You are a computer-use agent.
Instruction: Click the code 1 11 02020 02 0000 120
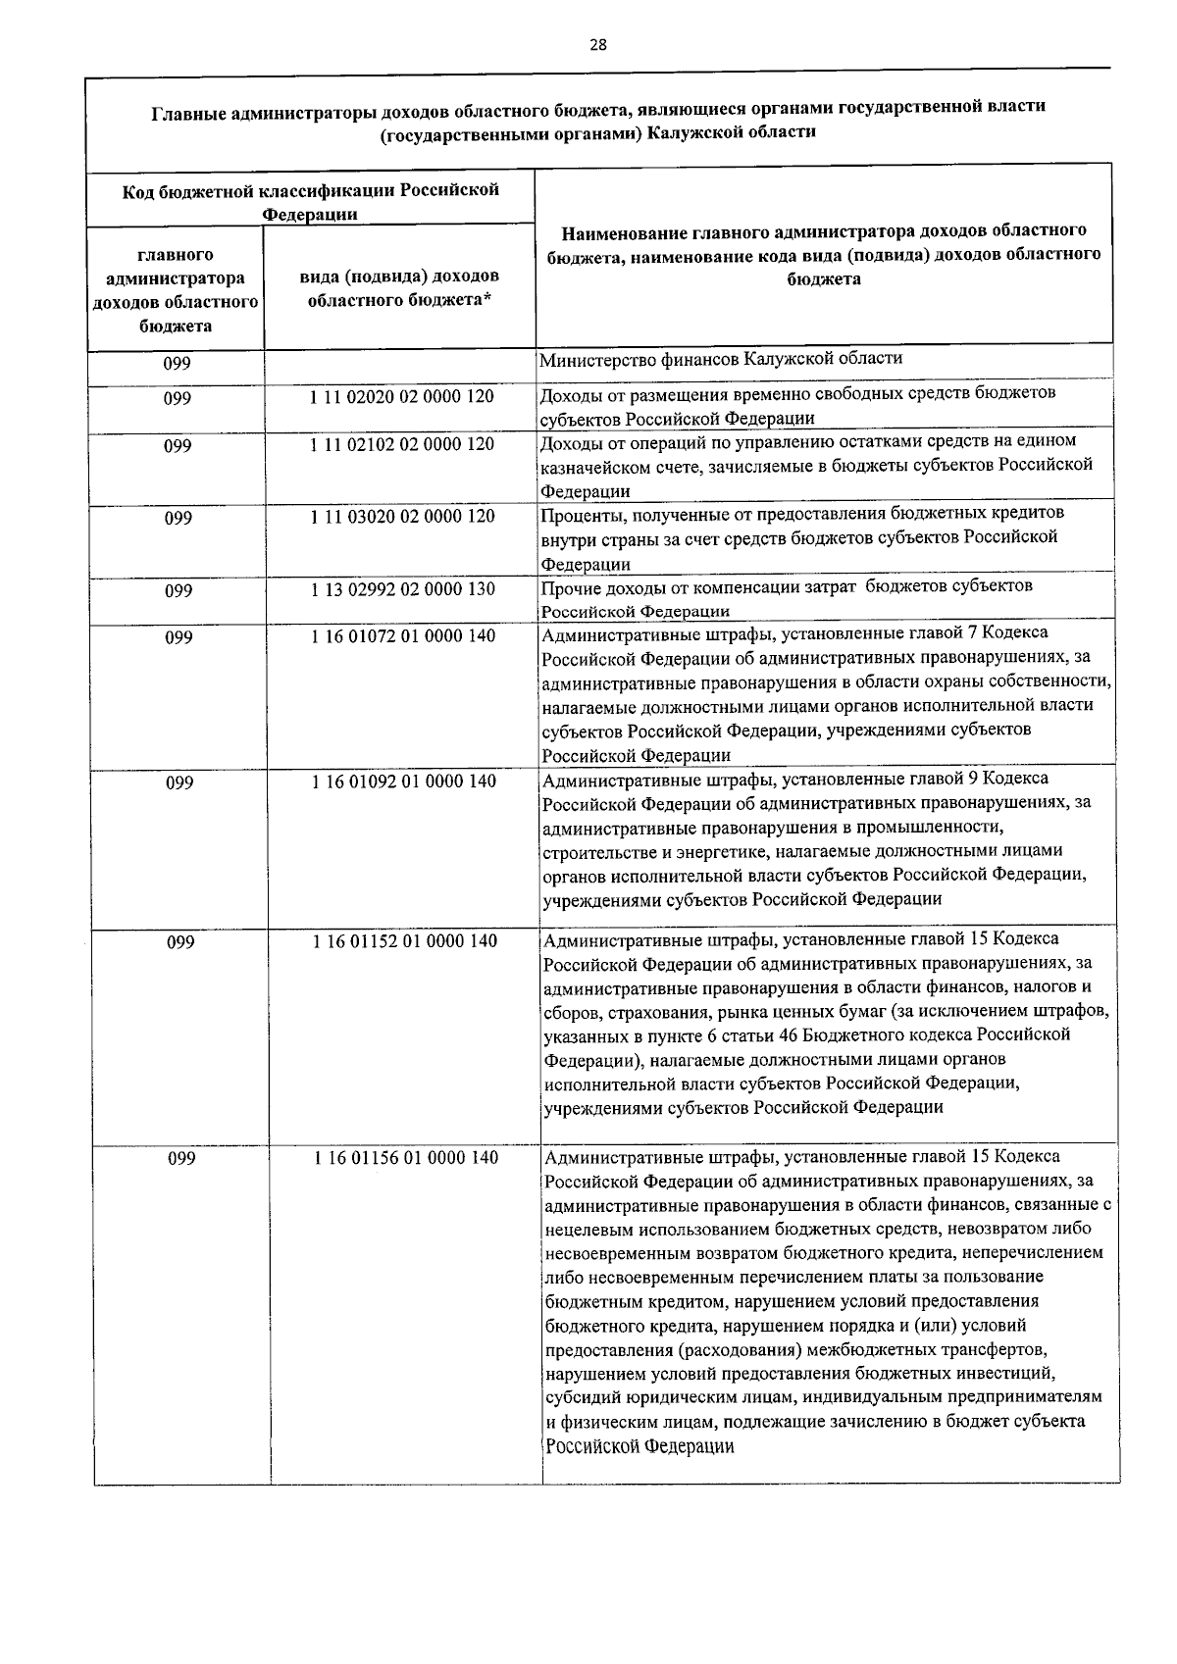pos(402,397)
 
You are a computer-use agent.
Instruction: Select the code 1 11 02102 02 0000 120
pos(402,444)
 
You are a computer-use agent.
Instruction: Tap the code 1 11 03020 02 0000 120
pos(402,516)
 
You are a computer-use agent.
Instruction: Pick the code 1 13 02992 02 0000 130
pos(402,589)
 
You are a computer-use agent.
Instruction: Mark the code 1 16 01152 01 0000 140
pos(405,941)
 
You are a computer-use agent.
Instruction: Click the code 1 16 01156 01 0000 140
pos(406,1158)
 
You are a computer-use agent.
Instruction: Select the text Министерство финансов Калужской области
pos(721,358)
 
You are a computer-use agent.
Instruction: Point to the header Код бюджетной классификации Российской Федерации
pos(310,201)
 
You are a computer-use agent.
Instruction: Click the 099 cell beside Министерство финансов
pos(178,364)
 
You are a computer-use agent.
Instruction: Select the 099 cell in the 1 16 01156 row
pos(181,1159)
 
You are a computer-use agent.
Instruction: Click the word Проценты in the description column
pos(577,513)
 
